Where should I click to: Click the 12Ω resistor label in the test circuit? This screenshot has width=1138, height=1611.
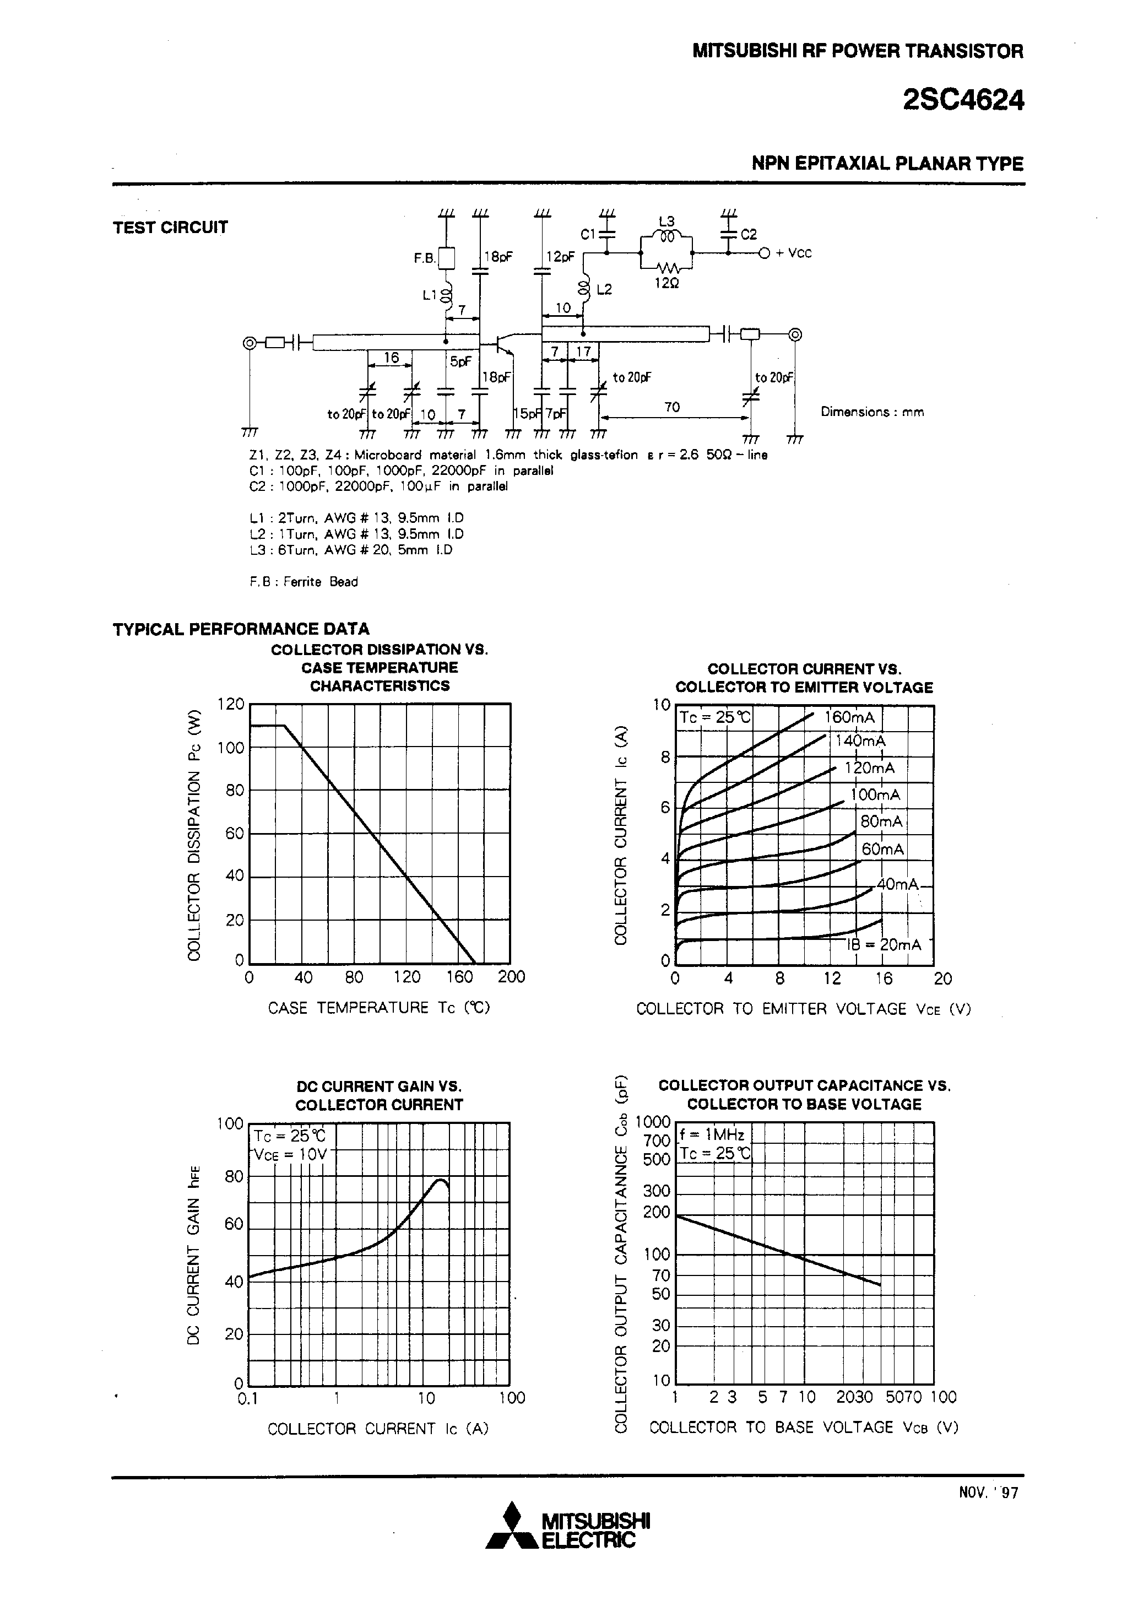click(666, 284)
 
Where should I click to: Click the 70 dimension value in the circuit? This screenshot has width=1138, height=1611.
click(671, 407)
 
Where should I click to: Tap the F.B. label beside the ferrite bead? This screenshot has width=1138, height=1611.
click(424, 258)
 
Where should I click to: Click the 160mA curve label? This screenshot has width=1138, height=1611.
click(849, 717)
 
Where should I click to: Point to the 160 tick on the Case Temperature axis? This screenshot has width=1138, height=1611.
click(459, 977)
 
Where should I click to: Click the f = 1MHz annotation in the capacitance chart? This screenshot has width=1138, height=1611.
click(712, 1134)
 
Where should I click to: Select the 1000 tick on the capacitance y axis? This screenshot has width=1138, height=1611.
click(653, 1122)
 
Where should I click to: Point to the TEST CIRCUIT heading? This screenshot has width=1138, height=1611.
click(171, 228)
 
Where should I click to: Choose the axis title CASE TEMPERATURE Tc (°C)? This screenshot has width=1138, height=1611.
click(379, 1008)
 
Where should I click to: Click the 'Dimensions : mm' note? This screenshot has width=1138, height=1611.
click(872, 412)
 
